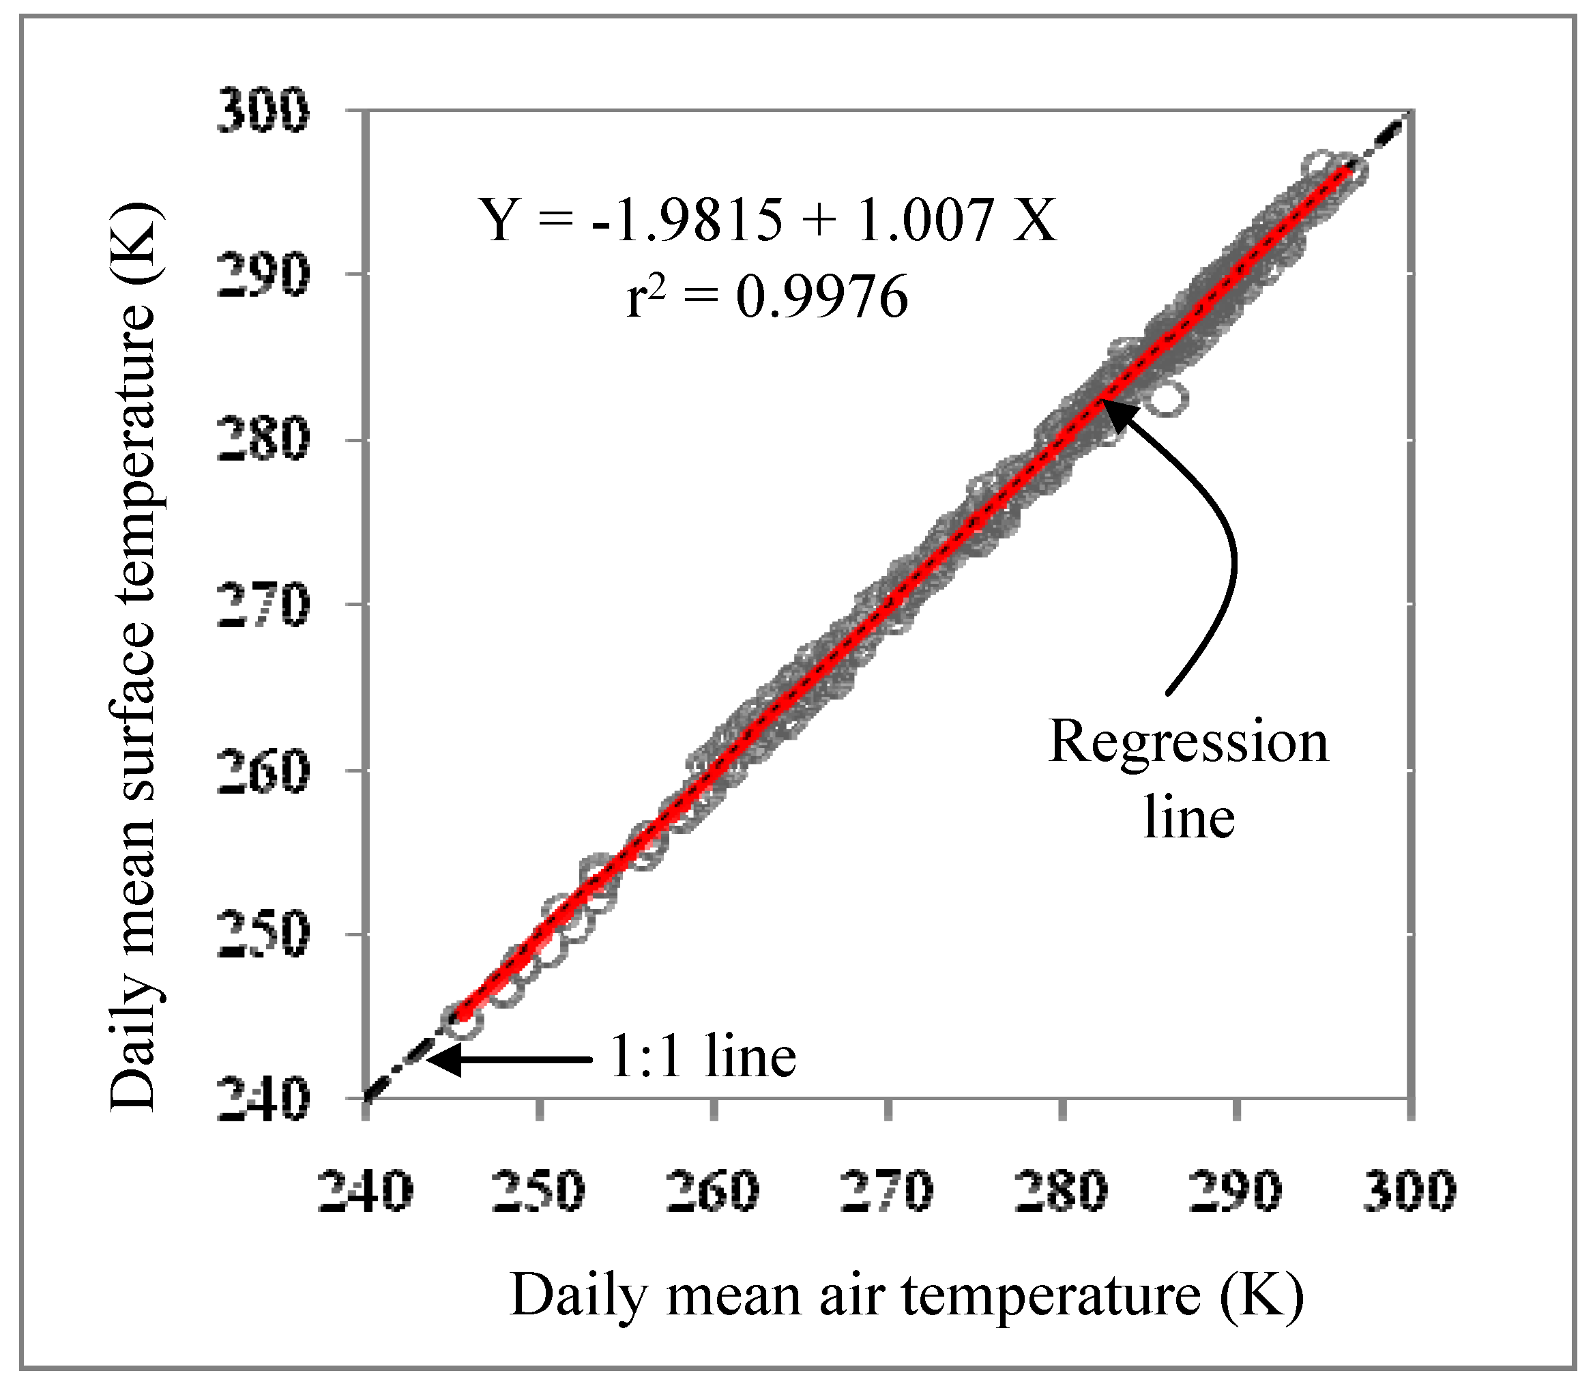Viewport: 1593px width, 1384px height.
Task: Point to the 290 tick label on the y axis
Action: [x=262, y=276]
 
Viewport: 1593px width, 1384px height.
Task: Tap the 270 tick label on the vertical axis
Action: [x=262, y=605]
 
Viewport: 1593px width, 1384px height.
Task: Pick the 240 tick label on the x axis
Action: [x=365, y=1190]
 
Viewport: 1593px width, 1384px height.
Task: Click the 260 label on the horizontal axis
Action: [x=714, y=1190]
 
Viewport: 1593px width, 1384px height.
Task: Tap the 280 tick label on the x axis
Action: [x=1062, y=1190]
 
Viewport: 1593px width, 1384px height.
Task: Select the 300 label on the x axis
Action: [x=1410, y=1190]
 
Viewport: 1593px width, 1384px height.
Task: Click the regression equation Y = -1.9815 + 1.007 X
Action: [x=768, y=221]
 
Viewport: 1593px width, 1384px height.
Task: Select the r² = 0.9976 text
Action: [x=766, y=298]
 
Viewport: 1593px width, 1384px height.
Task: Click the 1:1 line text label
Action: [x=703, y=1056]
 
